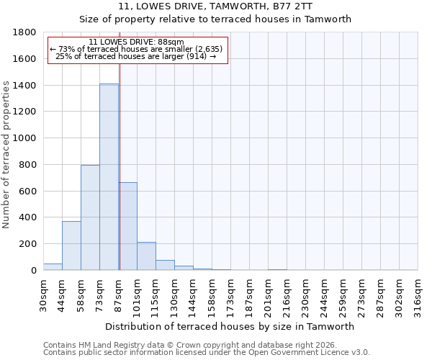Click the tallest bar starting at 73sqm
(109, 176)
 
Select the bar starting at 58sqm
(90, 217)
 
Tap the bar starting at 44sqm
(71, 246)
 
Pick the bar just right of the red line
(128, 226)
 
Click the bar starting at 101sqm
(146, 256)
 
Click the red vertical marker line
(120, 166)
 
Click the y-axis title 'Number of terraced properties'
(6, 155)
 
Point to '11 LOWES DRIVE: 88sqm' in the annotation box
(137, 42)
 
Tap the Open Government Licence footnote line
(207, 353)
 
